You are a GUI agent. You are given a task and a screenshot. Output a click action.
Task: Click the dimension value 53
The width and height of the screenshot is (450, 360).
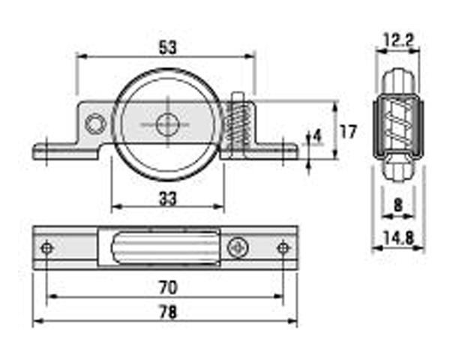(167, 46)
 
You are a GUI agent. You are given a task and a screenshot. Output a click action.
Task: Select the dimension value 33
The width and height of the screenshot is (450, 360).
(168, 199)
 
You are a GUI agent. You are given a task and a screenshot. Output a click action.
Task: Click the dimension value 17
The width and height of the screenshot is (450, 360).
(347, 132)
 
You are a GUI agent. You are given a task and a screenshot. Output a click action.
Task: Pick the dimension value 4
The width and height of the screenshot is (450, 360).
(317, 136)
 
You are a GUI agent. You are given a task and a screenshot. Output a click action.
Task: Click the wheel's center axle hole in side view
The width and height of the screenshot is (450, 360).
(166, 124)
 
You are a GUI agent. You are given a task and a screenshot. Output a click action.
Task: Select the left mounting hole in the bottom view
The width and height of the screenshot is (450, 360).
(48, 247)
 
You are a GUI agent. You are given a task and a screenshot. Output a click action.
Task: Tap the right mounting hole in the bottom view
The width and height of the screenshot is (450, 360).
(283, 247)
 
